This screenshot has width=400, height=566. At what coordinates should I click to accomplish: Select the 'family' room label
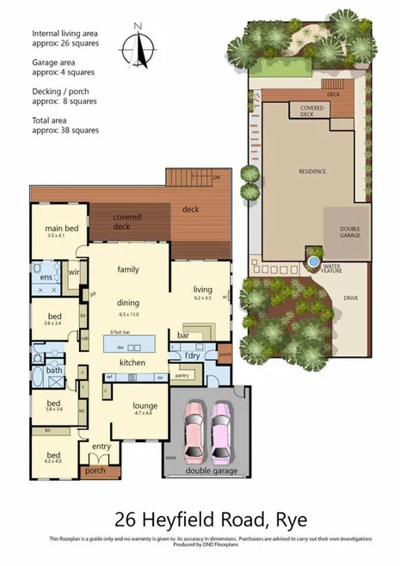(x=128, y=269)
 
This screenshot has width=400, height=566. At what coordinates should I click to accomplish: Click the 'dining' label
(x=128, y=302)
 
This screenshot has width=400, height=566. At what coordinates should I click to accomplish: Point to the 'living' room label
(x=202, y=291)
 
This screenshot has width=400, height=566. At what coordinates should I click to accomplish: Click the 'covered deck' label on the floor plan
(x=127, y=222)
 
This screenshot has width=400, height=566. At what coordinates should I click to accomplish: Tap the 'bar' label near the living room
(x=182, y=334)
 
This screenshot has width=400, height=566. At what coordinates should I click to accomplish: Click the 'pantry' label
(x=182, y=375)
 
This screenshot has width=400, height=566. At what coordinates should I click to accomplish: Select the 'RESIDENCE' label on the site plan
(x=311, y=171)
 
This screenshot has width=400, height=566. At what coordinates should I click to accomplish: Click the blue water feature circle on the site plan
(x=313, y=260)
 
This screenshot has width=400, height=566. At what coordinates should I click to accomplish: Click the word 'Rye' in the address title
(x=286, y=520)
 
